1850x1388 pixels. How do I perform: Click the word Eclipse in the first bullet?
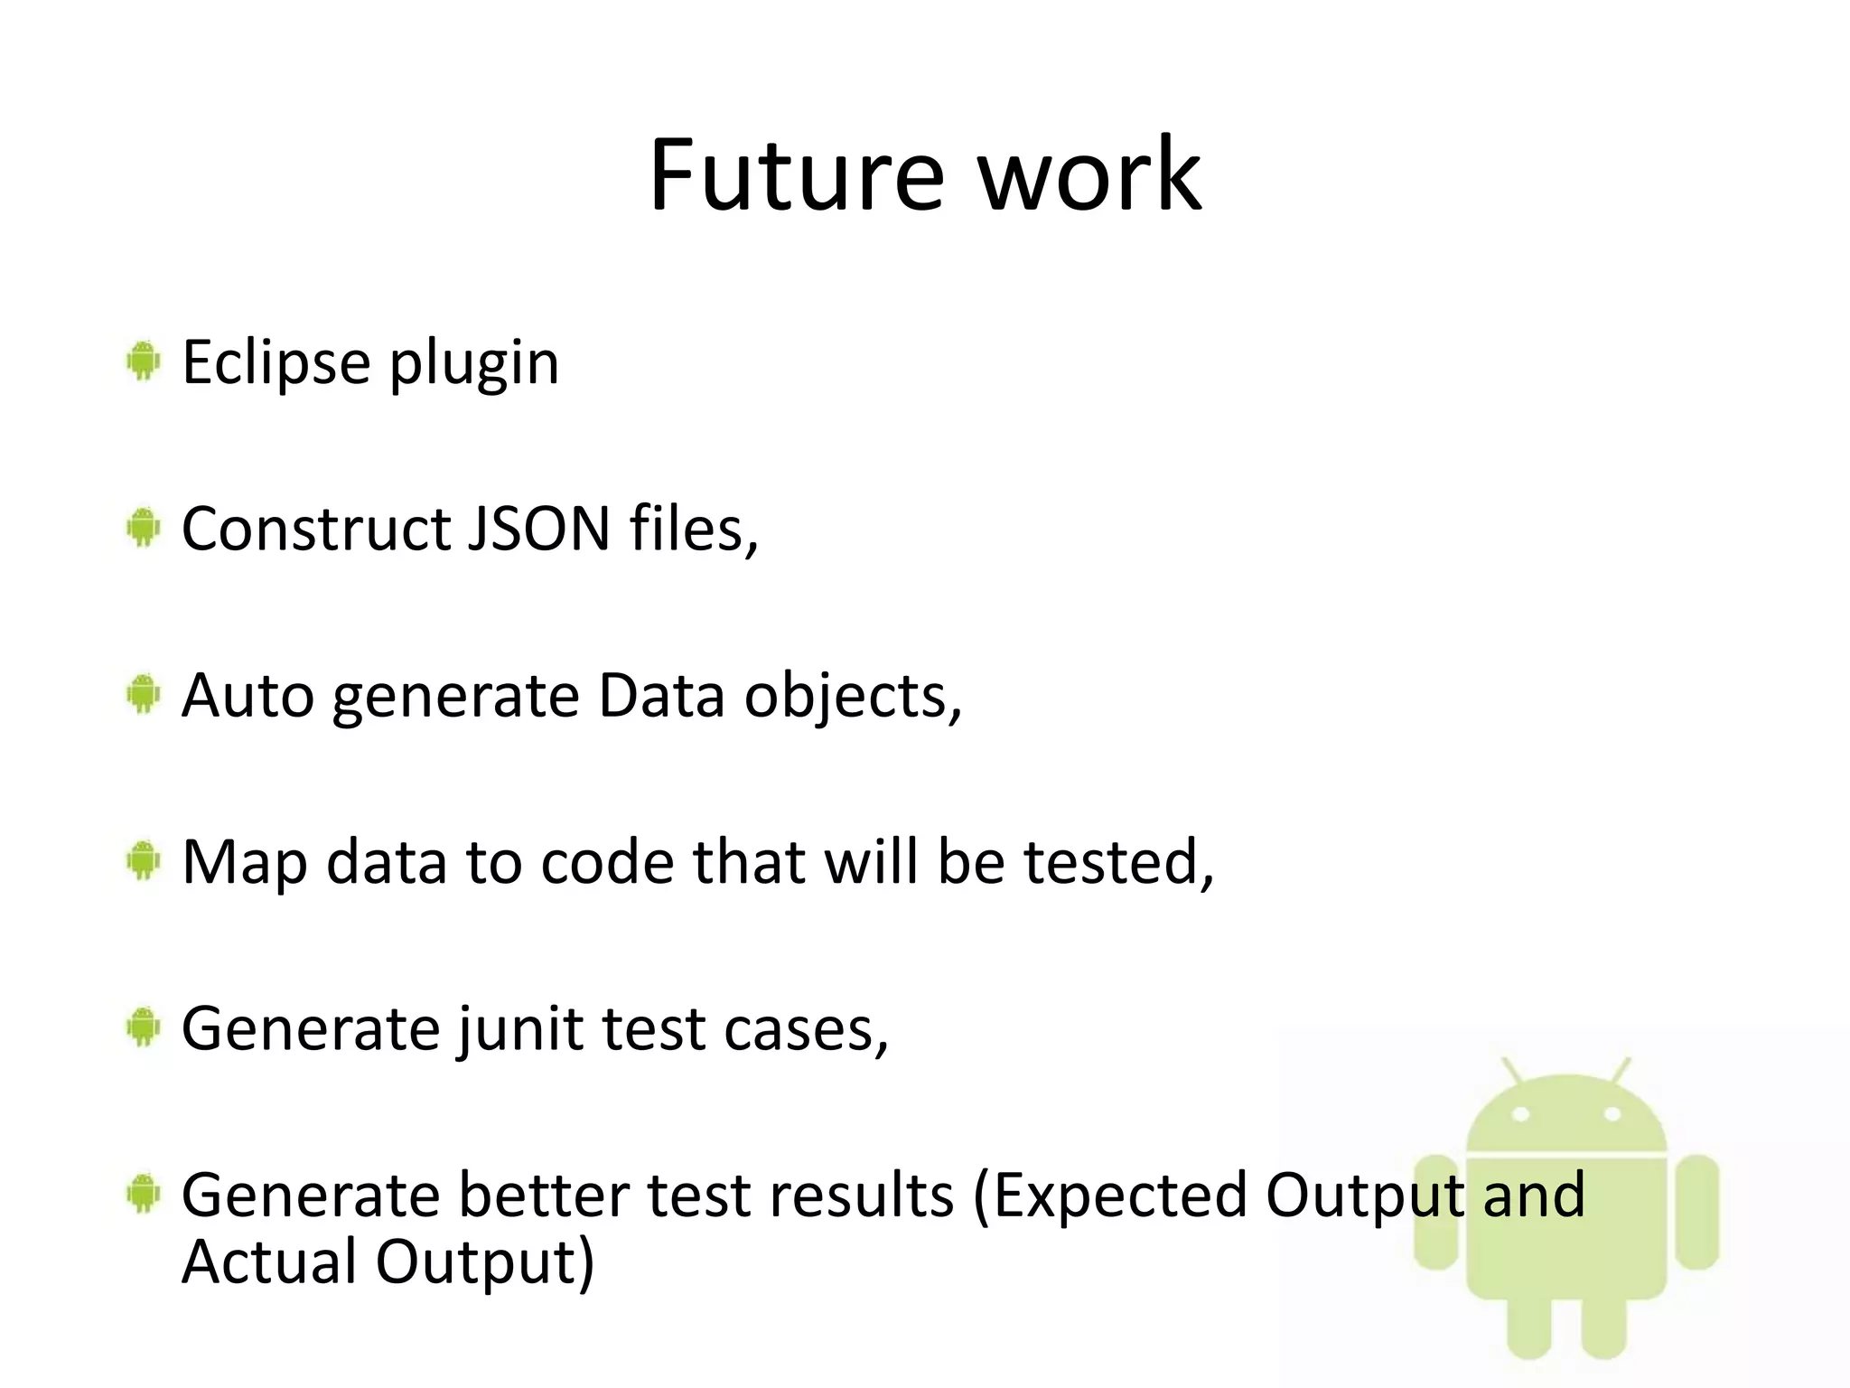(276, 362)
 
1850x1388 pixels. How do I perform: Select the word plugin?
(473, 364)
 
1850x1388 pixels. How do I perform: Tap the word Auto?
(248, 696)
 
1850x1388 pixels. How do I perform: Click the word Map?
(244, 863)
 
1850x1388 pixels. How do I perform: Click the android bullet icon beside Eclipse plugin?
(143, 361)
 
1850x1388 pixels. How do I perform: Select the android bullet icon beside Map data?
(143, 861)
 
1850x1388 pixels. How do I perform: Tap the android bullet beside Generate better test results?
(143, 1195)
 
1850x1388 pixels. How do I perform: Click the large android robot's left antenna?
(1512, 1070)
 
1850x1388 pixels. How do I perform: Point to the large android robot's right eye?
(1612, 1114)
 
